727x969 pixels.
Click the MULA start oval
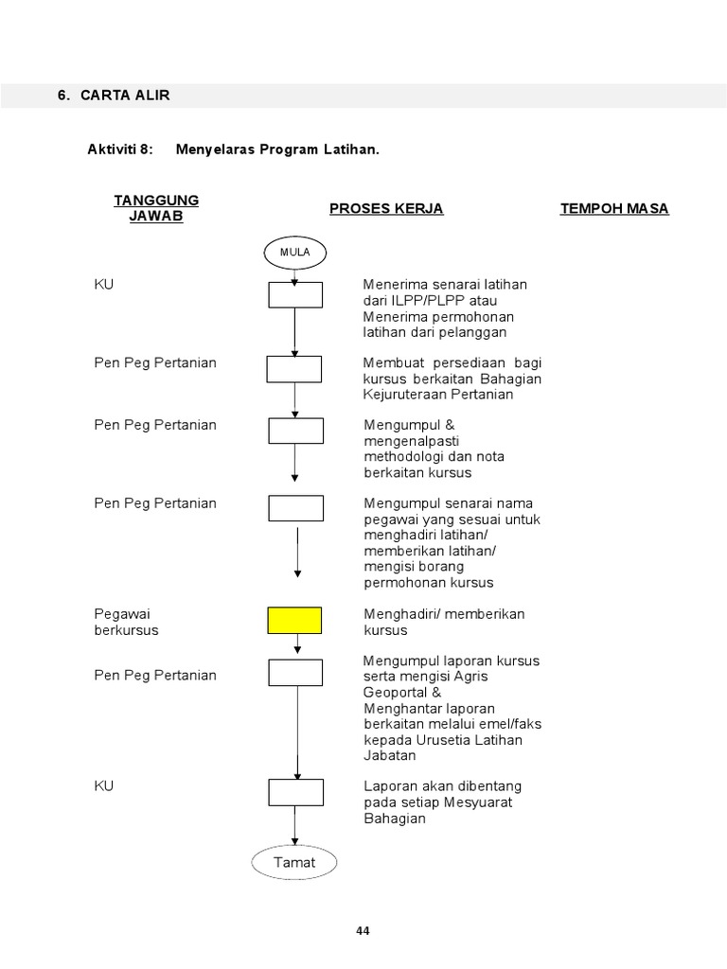294,253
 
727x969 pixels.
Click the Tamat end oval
294,862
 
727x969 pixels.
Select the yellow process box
294,621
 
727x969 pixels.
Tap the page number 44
363,931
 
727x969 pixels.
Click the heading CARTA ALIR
125,96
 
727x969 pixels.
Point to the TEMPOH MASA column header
614,208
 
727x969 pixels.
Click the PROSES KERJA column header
386,208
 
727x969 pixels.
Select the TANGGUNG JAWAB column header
156,207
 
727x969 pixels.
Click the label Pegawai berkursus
127,622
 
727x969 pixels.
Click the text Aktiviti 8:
120,150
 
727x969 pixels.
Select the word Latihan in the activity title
349,150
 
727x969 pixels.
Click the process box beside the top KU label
295,295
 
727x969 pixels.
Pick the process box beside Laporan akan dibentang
295,792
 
